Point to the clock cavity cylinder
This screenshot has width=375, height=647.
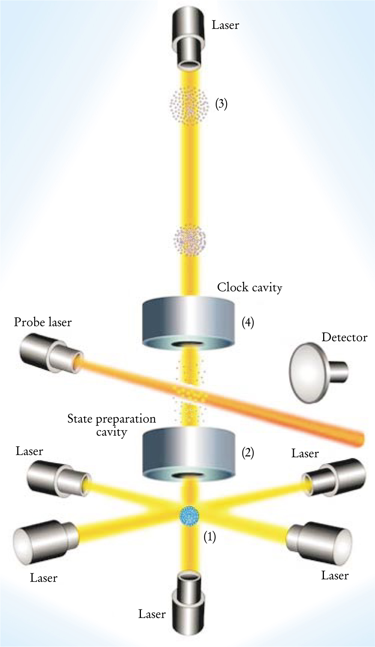coord(188,322)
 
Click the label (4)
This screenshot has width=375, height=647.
coord(248,323)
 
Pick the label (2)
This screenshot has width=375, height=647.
coord(248,453)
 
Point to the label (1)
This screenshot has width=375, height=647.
coord(210,537)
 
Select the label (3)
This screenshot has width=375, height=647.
coord(221,103)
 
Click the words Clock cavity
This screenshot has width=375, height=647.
coord(249,288)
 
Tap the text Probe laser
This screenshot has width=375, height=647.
coord(43,322)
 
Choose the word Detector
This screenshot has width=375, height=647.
coord(344,337)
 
